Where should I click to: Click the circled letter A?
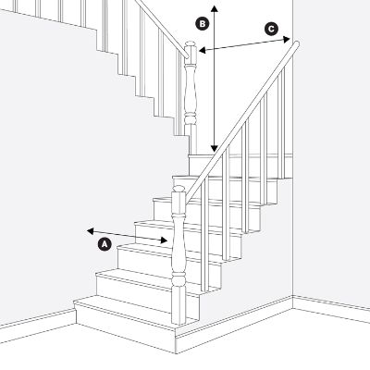point(105,245)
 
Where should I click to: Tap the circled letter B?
point(203,21)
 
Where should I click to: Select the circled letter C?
point(271,30)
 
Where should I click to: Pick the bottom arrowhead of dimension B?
point(214,148)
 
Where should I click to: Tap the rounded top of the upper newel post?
point(190,47)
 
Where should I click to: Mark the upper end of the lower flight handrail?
point(296,43)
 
